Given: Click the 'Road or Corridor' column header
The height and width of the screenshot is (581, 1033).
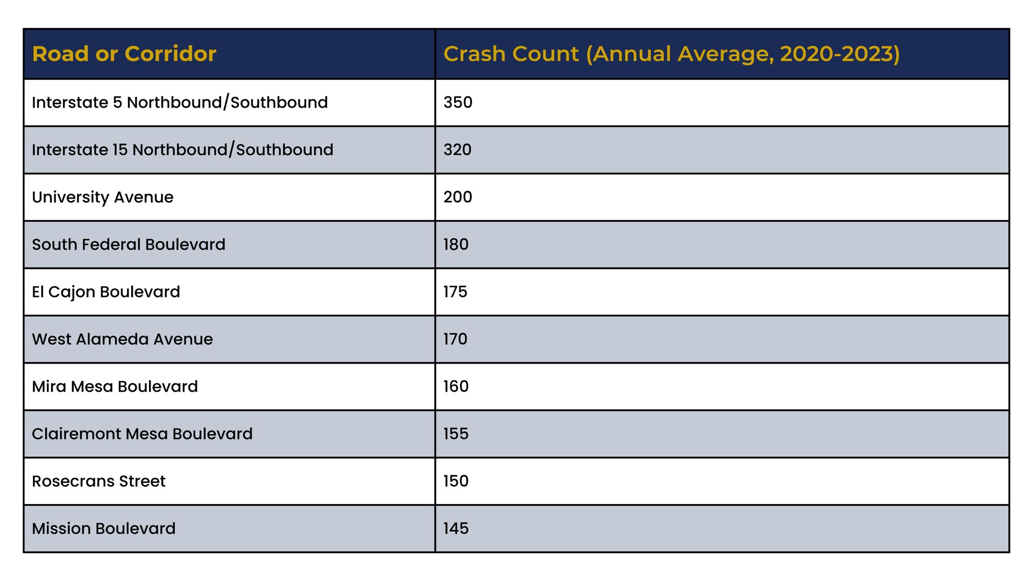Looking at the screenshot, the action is tap(124, 54).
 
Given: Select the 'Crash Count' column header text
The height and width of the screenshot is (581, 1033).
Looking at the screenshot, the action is tap(511, 54).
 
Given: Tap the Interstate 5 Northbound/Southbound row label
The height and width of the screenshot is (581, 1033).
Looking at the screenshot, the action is tap(180, 102).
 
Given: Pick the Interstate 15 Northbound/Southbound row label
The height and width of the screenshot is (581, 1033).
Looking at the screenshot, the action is tap(182, 150).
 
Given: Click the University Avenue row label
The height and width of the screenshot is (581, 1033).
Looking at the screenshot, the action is tap(102, 197).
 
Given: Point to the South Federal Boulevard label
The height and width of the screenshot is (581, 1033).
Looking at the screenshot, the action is tap(129, 244).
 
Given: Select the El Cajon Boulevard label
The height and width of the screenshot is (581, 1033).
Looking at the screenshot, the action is tap(106, 292).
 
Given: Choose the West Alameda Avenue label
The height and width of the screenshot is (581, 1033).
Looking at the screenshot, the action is tap(122, 339).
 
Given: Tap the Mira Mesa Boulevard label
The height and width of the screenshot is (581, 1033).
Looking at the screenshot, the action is tap(115, 386).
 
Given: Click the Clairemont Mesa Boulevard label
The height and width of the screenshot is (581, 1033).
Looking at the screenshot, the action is tap(142, 434).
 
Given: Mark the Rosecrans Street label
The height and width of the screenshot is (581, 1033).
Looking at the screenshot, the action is tap(98, 481).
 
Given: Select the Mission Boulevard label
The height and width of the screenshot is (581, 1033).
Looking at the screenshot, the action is tap(103, 528).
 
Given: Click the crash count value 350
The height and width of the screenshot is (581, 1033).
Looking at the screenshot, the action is tap(458, 102).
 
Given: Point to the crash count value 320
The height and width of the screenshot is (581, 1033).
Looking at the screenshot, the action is tap(457, 150).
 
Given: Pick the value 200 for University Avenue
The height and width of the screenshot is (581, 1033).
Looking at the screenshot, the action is tap(458, 197).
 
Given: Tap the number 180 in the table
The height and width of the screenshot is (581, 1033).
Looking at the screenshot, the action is tap(456, 244).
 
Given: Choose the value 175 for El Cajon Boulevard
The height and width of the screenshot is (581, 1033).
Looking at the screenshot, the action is tap(455, 292).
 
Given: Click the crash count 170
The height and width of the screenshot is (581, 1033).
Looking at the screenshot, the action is tap(455, 339).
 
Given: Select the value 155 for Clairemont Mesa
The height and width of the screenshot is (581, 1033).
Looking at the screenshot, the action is tap(456, 434).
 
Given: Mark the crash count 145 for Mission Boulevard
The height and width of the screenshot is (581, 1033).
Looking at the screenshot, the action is tap(456, 528).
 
